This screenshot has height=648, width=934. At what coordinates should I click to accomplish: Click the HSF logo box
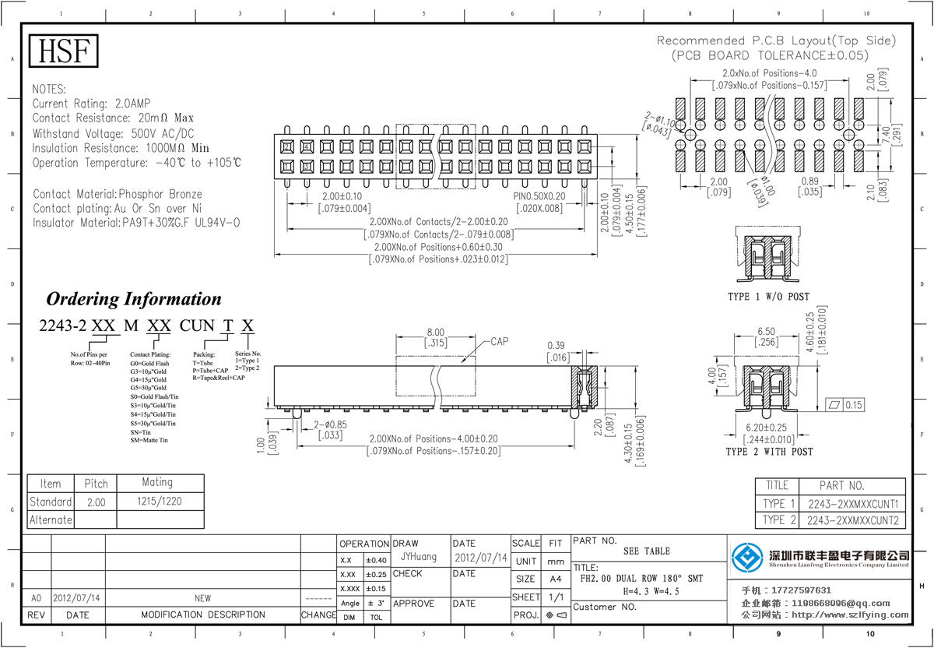[x=64, y=51]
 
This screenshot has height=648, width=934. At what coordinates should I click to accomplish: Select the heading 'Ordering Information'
[x=134, y=299]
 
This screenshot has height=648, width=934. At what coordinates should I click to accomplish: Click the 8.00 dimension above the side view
[x=434, y=332]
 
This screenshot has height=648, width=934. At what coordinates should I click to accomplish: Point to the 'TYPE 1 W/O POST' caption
[x=768, y=297]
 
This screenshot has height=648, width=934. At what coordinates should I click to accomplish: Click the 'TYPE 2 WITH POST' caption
[x=769, y=452]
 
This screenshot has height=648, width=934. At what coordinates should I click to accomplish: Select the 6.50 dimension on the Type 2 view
[x=767, y=331]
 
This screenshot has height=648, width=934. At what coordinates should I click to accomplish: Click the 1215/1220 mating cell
[x=160, y=502]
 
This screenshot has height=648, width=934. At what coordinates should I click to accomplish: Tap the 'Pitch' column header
[x=96, y=484]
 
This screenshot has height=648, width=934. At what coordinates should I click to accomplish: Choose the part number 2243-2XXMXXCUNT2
[x=853, y=520]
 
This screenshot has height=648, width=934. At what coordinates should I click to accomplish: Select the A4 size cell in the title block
[x=556, y=579]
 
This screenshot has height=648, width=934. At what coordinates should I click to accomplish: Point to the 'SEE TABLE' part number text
[x=646, y=551]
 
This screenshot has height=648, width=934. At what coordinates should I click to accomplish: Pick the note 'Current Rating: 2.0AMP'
[x=92, y=104]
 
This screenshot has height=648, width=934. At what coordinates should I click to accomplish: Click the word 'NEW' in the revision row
[x=202, y=598]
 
